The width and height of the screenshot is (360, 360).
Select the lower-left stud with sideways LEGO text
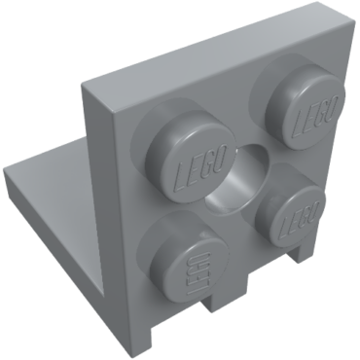pyautogui.click(x=188, y=255)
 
